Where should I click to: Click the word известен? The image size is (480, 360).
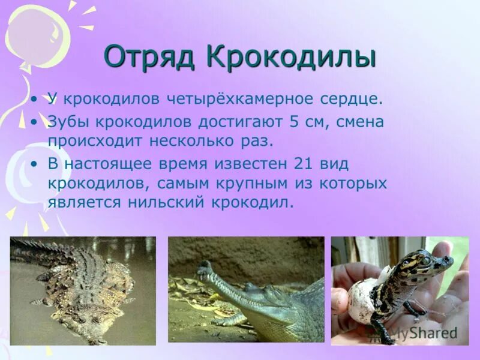point(251,164)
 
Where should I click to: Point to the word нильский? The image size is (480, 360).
point(166,202)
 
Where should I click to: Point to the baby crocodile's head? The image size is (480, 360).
point(429,262)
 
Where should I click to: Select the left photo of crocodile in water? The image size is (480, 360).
point(83,290)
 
